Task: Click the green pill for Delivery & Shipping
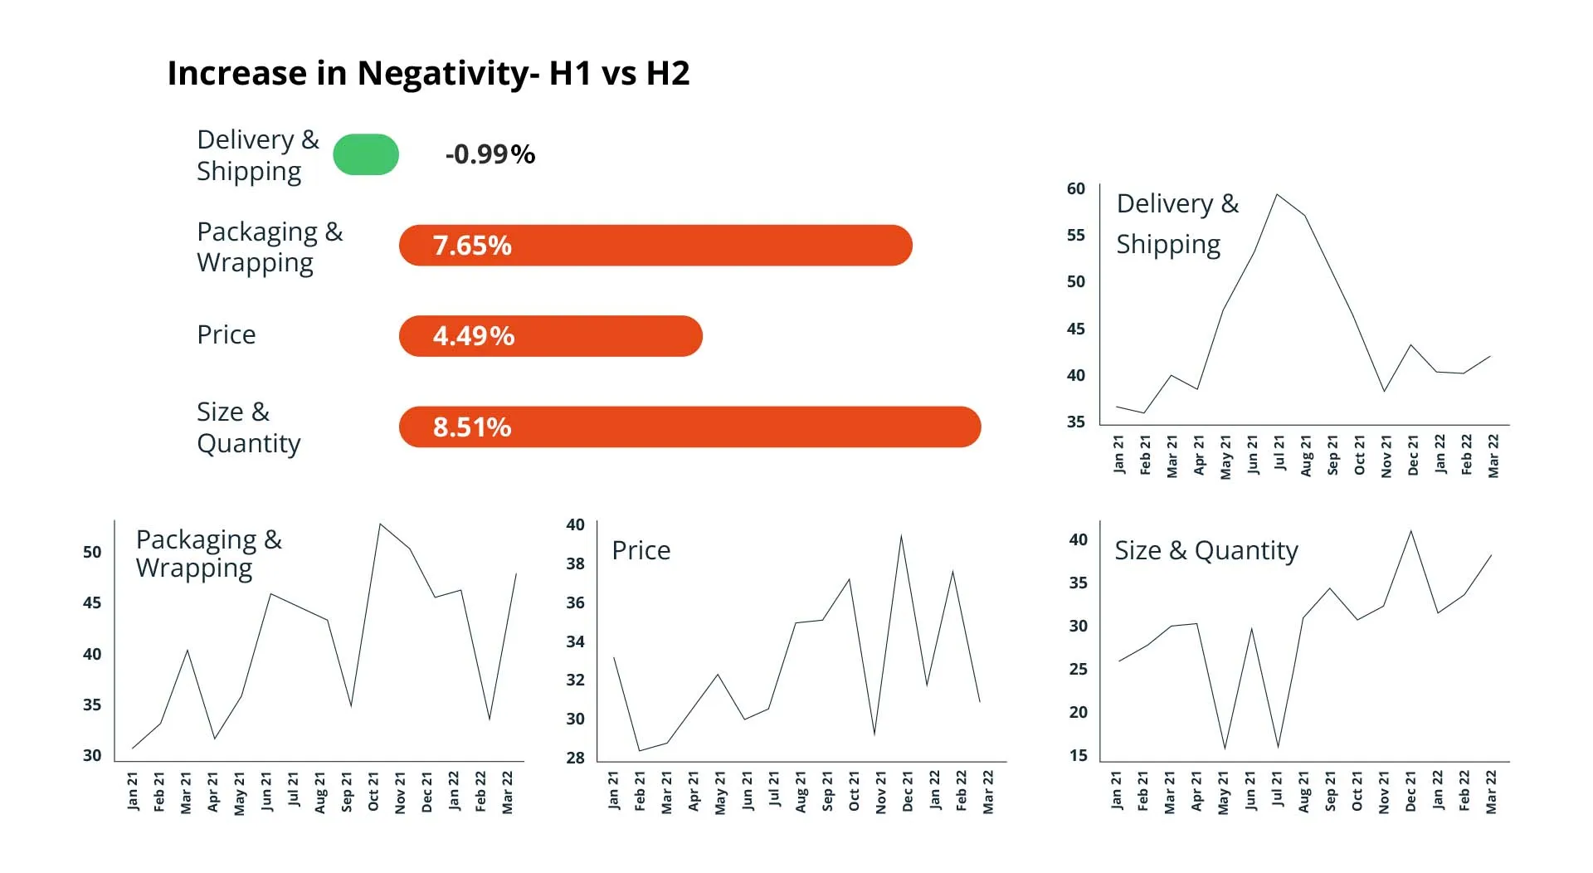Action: point(366,154)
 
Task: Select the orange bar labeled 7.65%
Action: point(655,246)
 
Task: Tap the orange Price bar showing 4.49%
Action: point(551,336)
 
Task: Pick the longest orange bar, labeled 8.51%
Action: point(689,427)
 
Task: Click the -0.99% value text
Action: point(490,154)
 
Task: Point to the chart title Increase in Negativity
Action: point(428,73)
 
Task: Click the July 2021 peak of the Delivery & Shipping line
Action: point(1278,195)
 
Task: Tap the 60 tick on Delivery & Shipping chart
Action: point(1076,189)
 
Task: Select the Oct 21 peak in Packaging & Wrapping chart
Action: point(380,524)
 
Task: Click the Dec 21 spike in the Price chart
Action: point(901,536)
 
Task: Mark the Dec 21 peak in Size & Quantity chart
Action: point(1411,531)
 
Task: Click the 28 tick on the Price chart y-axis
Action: point(575,758)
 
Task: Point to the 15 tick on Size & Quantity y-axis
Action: point(1078,755)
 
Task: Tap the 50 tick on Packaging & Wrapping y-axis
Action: point(92,552)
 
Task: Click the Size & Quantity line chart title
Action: point(1206,550)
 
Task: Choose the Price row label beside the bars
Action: point(227,334)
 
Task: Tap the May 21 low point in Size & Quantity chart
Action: point(1225,748)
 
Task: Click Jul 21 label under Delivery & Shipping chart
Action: point(1279,454)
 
